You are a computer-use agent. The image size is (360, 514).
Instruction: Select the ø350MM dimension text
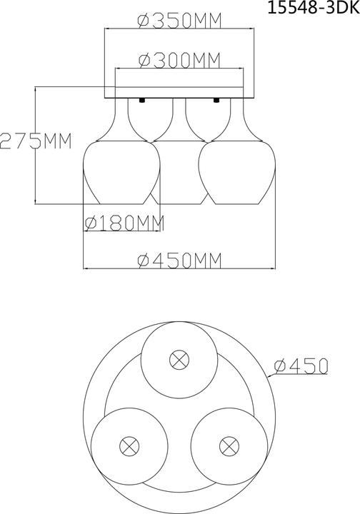[178, 21]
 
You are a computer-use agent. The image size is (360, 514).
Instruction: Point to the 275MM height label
[36, 140]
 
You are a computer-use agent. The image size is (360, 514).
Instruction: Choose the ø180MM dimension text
[124, 223]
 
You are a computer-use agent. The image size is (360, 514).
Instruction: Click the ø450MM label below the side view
[178, 261]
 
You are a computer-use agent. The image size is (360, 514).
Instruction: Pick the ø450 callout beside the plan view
[300, 366]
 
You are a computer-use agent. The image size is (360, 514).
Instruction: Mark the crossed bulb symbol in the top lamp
[177, 359]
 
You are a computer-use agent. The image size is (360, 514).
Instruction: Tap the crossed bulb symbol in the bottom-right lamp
[227, 446]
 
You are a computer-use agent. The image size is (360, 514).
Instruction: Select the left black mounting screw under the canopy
[144, 100]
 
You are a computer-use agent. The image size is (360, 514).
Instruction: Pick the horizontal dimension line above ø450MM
[178, 268]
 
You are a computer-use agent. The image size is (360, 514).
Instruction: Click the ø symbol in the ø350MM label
[141, 21]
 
